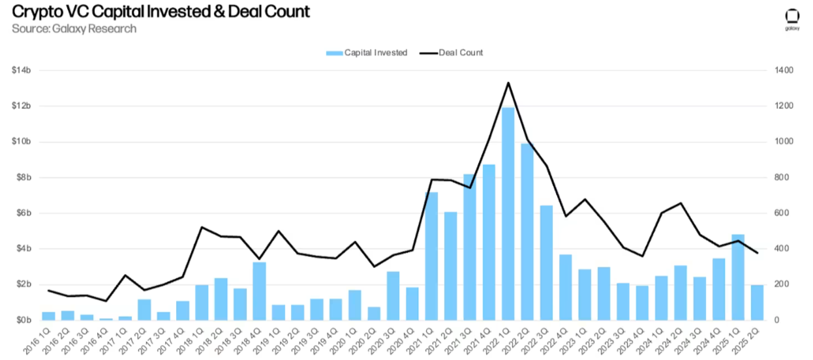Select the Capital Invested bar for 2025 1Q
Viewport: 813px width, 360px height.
point(737,277)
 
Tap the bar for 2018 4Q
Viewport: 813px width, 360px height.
point(259,291)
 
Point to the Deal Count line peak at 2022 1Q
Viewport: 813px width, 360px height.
point(508,83)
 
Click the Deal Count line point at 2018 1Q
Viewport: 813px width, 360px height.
point(202,227)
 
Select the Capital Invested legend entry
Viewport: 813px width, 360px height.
point(367,52)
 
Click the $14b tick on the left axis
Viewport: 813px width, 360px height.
point(22,70)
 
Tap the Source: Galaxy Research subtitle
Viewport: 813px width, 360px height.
point(74,29)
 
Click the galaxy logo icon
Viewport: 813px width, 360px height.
point(792,16)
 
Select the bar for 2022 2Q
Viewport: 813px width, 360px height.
point(527,232)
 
